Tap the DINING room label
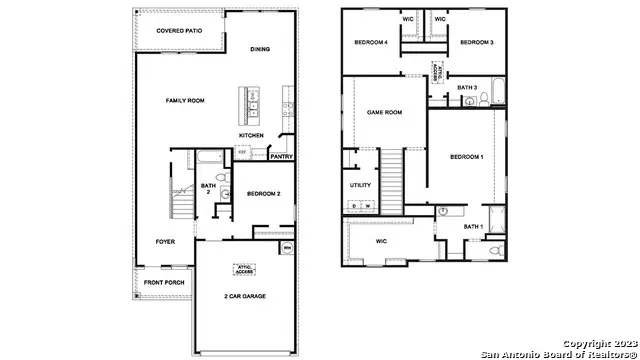point(259,49)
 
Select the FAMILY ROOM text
point(185,101)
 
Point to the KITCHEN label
point(251,135)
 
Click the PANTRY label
point(281,156)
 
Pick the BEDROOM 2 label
point(263,194)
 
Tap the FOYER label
point(165,242)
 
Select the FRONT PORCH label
point(163,283)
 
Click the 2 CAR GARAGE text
point(244,297)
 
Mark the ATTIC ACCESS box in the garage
point(244,268)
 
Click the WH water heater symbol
point(287,247)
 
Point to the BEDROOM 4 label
point(372,43)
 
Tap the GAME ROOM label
point(384,113)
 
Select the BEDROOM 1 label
point(466,158)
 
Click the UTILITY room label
point(360,185)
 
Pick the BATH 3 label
point(467,88)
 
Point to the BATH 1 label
point(472,227)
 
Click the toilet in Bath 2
point(222,193)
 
